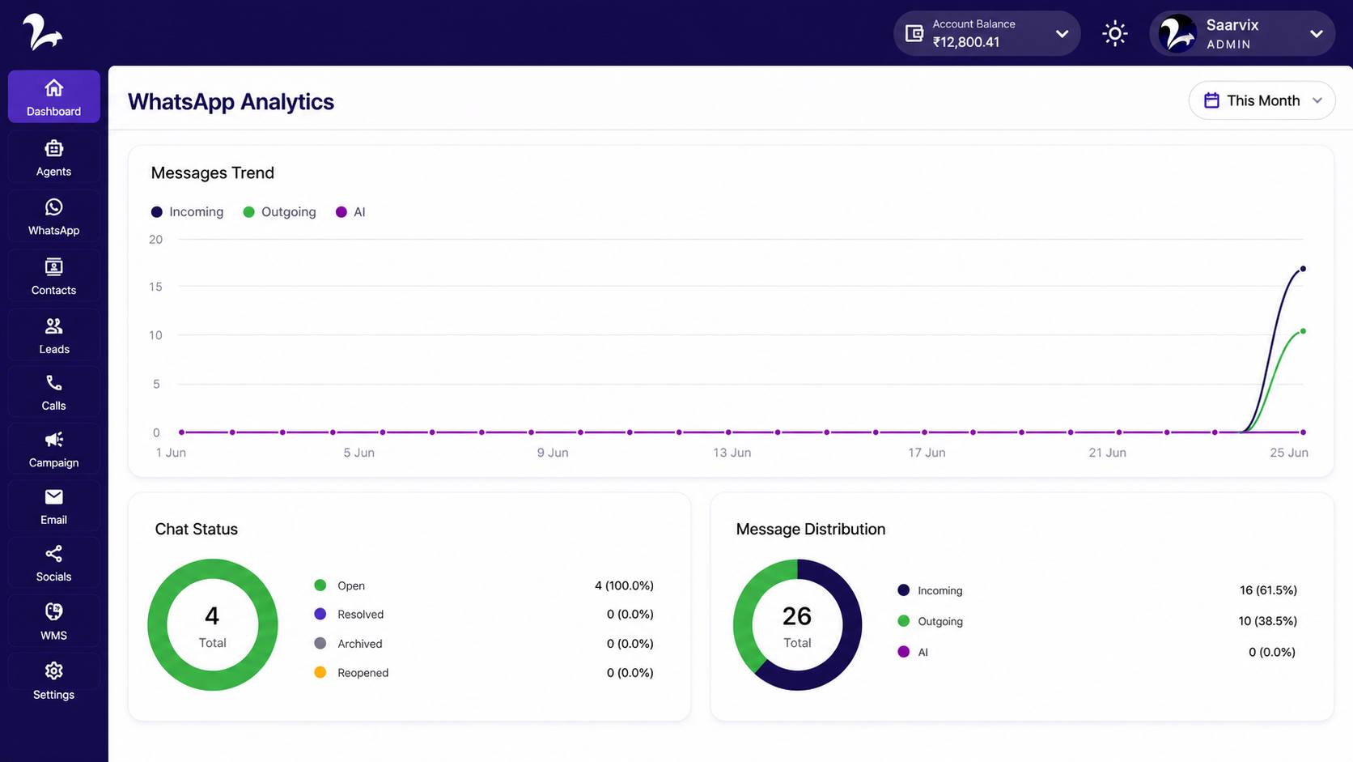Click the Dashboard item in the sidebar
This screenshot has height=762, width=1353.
tap(53, 96)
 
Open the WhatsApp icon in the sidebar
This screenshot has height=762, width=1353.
tap(53, 207)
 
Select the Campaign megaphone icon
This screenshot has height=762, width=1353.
tap(53, 440)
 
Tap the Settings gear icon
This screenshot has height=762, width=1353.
tap(53, 670)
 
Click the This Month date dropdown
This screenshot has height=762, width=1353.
tap(1262, 100)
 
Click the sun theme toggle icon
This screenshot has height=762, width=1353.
tap(1114, 33)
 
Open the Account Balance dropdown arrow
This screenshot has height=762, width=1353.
tap(1062, 34)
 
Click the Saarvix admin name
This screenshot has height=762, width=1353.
tap(1232, 25)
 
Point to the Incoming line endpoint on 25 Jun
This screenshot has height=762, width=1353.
tap(1303, 269)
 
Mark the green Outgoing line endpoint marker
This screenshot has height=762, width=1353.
tap(1303, 331)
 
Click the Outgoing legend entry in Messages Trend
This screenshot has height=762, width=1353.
tap(279, 212)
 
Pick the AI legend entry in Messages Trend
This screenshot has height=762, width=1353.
tap(350, 212)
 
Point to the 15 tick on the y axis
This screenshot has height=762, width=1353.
tap(156, 287)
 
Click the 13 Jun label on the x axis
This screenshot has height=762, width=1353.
tap(732, 453)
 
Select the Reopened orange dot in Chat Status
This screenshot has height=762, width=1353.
tap(320, 673)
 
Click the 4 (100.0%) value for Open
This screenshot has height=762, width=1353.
tap(624, 585)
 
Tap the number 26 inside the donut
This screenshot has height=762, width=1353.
tap(797, 616)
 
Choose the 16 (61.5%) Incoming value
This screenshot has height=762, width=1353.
tap(1268, 590)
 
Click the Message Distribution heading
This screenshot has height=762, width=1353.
tap(811, 530)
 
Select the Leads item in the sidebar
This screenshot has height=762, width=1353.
tap(53, 335)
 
